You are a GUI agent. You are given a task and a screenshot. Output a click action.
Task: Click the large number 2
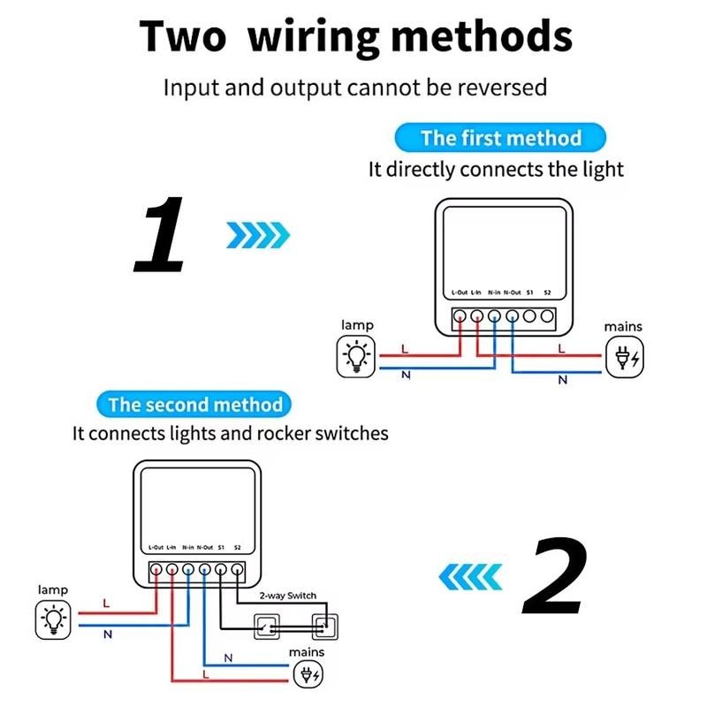(x=554, y=577)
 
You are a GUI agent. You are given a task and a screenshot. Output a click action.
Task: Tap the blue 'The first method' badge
(x=500, y=138)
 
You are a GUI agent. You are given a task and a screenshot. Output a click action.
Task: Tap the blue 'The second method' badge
(x=194, y=406)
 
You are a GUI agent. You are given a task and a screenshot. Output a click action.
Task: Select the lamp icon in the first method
(x=357, y=357)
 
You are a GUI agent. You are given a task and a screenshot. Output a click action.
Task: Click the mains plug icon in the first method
(x=624, y=359)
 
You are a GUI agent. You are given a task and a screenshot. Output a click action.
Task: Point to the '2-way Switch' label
(x=288, y=596)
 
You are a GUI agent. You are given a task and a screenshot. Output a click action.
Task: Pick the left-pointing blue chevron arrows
(x=471, y=578)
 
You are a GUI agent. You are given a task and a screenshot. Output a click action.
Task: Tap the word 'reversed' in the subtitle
(x=506, y=87)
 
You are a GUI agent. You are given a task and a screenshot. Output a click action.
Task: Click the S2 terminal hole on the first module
(x=547, y=315)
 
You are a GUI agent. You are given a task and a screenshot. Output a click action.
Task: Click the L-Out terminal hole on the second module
(x=156, y=570)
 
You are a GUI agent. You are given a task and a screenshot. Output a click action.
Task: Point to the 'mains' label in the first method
(x=623, y=327)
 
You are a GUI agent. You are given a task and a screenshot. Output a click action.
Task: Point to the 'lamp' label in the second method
(x=52, y=589)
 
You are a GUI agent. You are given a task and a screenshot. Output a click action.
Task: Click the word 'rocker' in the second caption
(x=285, y=434)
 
